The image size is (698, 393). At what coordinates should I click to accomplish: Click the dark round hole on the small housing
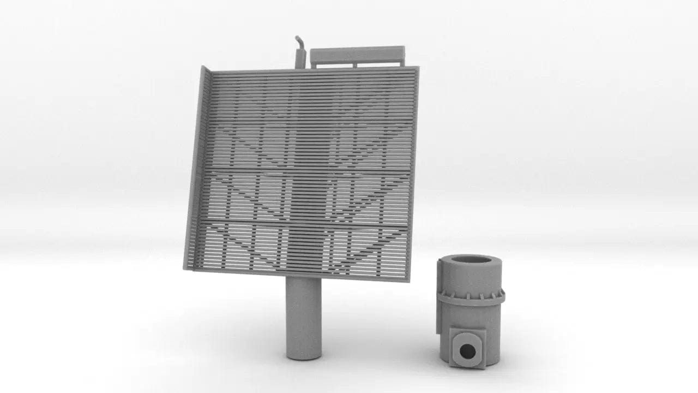[467, 351]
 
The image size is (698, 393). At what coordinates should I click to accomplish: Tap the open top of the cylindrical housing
[471, 259]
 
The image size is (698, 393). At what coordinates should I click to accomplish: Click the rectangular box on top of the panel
[357, 55]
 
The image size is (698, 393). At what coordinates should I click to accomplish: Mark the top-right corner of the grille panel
[417, 68]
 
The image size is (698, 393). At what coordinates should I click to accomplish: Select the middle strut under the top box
[355, 65]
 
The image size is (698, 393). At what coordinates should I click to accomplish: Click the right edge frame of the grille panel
[412, 175]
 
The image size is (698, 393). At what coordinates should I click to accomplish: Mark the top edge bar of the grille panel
[314, 70]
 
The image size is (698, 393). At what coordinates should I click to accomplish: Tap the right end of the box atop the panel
[401, 54]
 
